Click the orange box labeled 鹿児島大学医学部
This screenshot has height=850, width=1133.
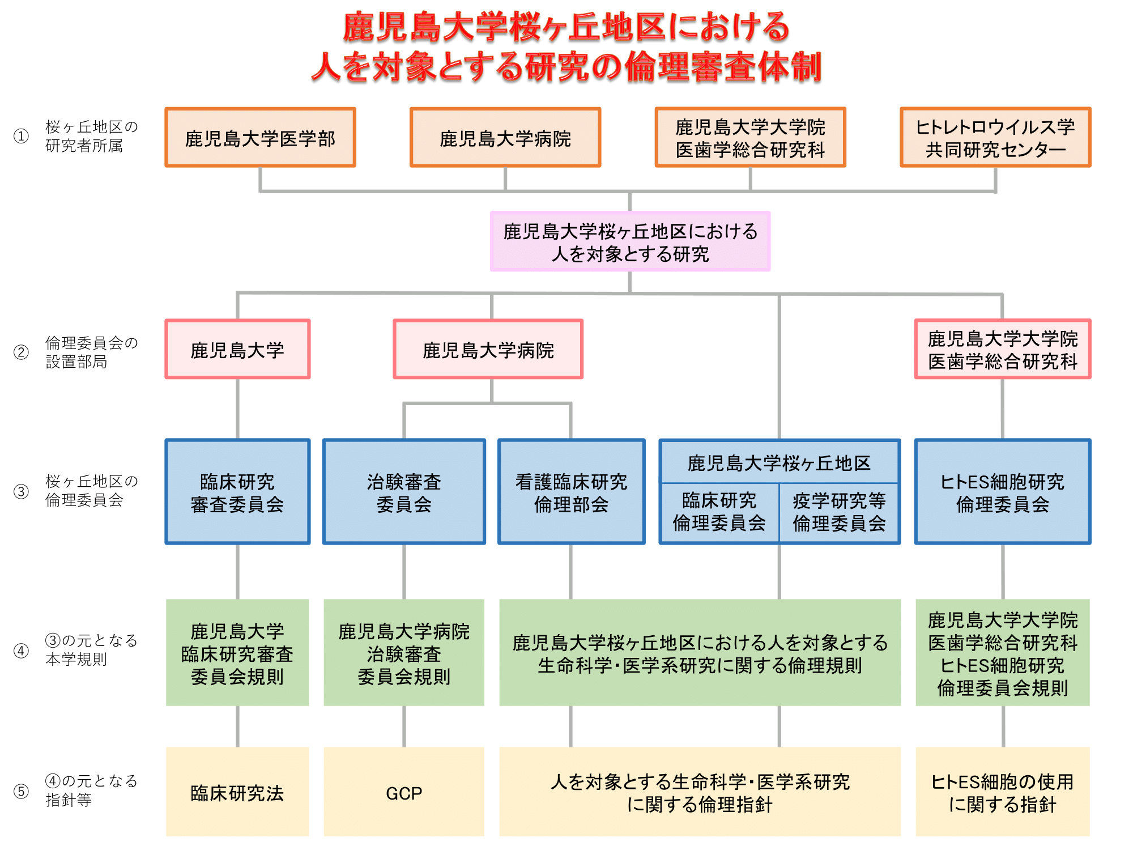(260, 137)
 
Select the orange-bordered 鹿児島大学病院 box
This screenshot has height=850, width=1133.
(505, 137)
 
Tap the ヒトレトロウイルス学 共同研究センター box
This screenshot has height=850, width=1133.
(995, 137)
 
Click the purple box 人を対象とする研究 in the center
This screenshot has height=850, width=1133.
(630, 241)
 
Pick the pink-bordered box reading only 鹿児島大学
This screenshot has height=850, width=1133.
(237, 349)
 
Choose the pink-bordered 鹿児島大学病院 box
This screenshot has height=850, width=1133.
(488, 349)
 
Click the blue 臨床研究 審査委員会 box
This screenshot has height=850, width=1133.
(237, 492)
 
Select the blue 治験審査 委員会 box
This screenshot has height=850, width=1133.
(404, 492)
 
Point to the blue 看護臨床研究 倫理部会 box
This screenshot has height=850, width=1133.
(571, 492)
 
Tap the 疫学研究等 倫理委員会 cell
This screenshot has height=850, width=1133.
(839, 513)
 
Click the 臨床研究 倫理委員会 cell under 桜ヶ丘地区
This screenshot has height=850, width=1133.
(719, 513)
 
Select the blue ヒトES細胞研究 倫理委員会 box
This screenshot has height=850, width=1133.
(1002, 492)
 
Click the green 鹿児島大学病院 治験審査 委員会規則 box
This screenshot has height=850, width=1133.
(404, 652)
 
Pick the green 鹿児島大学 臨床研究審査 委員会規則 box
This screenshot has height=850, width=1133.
(237, 652)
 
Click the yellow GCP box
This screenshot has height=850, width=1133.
(404, 792)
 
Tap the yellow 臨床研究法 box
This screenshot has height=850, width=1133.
(237, 792)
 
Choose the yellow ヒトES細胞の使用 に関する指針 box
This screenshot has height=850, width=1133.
(1002, 792)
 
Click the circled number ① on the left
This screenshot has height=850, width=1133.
(21, 136)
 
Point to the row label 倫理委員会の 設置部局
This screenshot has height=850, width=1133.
(91, 352)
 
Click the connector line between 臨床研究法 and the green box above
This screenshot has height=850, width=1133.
(237, 726)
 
